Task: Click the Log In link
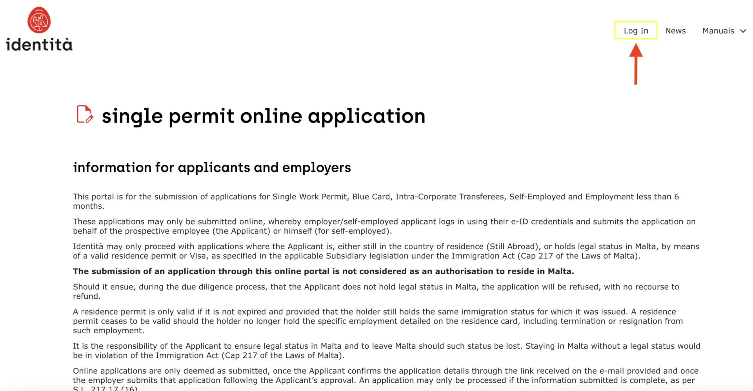pyautogui.click(x=636, y=31)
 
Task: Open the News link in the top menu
pyautogui.click(x=675, y=31)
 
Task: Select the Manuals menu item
pyautogui.click(x=718, y=31)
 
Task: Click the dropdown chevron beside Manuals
pyautogui.click(x=743, y=31)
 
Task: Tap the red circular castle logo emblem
pyautogui.click(x=39, y=20)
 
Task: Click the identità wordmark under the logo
pyautogui.click(x=39, y=44)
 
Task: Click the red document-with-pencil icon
pyautogui.click(x=84, y=114)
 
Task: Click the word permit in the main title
pyautogui.click(x=201, y=116)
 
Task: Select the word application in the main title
pyautogui.click(x=366, y=116)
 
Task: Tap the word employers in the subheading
pyautogui.click(x=316, y=168)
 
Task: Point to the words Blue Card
pyautogui.click(x=371, y=197)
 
